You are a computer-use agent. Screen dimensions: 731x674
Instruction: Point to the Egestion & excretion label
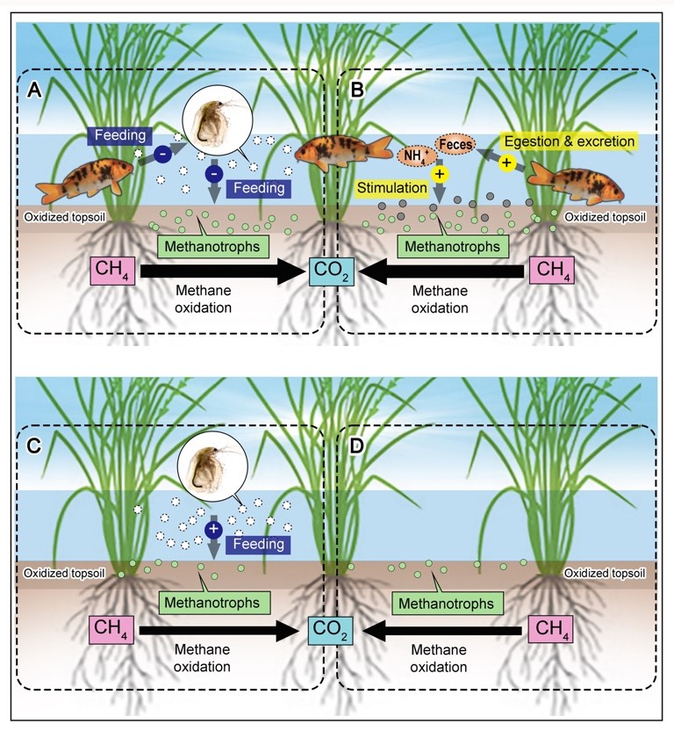click(x=567, y=140)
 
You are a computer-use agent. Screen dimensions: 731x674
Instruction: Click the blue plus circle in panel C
click(x=212, y=529)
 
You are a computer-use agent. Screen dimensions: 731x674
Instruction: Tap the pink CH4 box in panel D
click(x=552, y=629)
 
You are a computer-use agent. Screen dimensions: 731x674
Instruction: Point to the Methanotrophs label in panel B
click(x=448, y=247)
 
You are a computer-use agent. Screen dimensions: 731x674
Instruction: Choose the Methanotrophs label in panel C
click(x=214, y=603)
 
